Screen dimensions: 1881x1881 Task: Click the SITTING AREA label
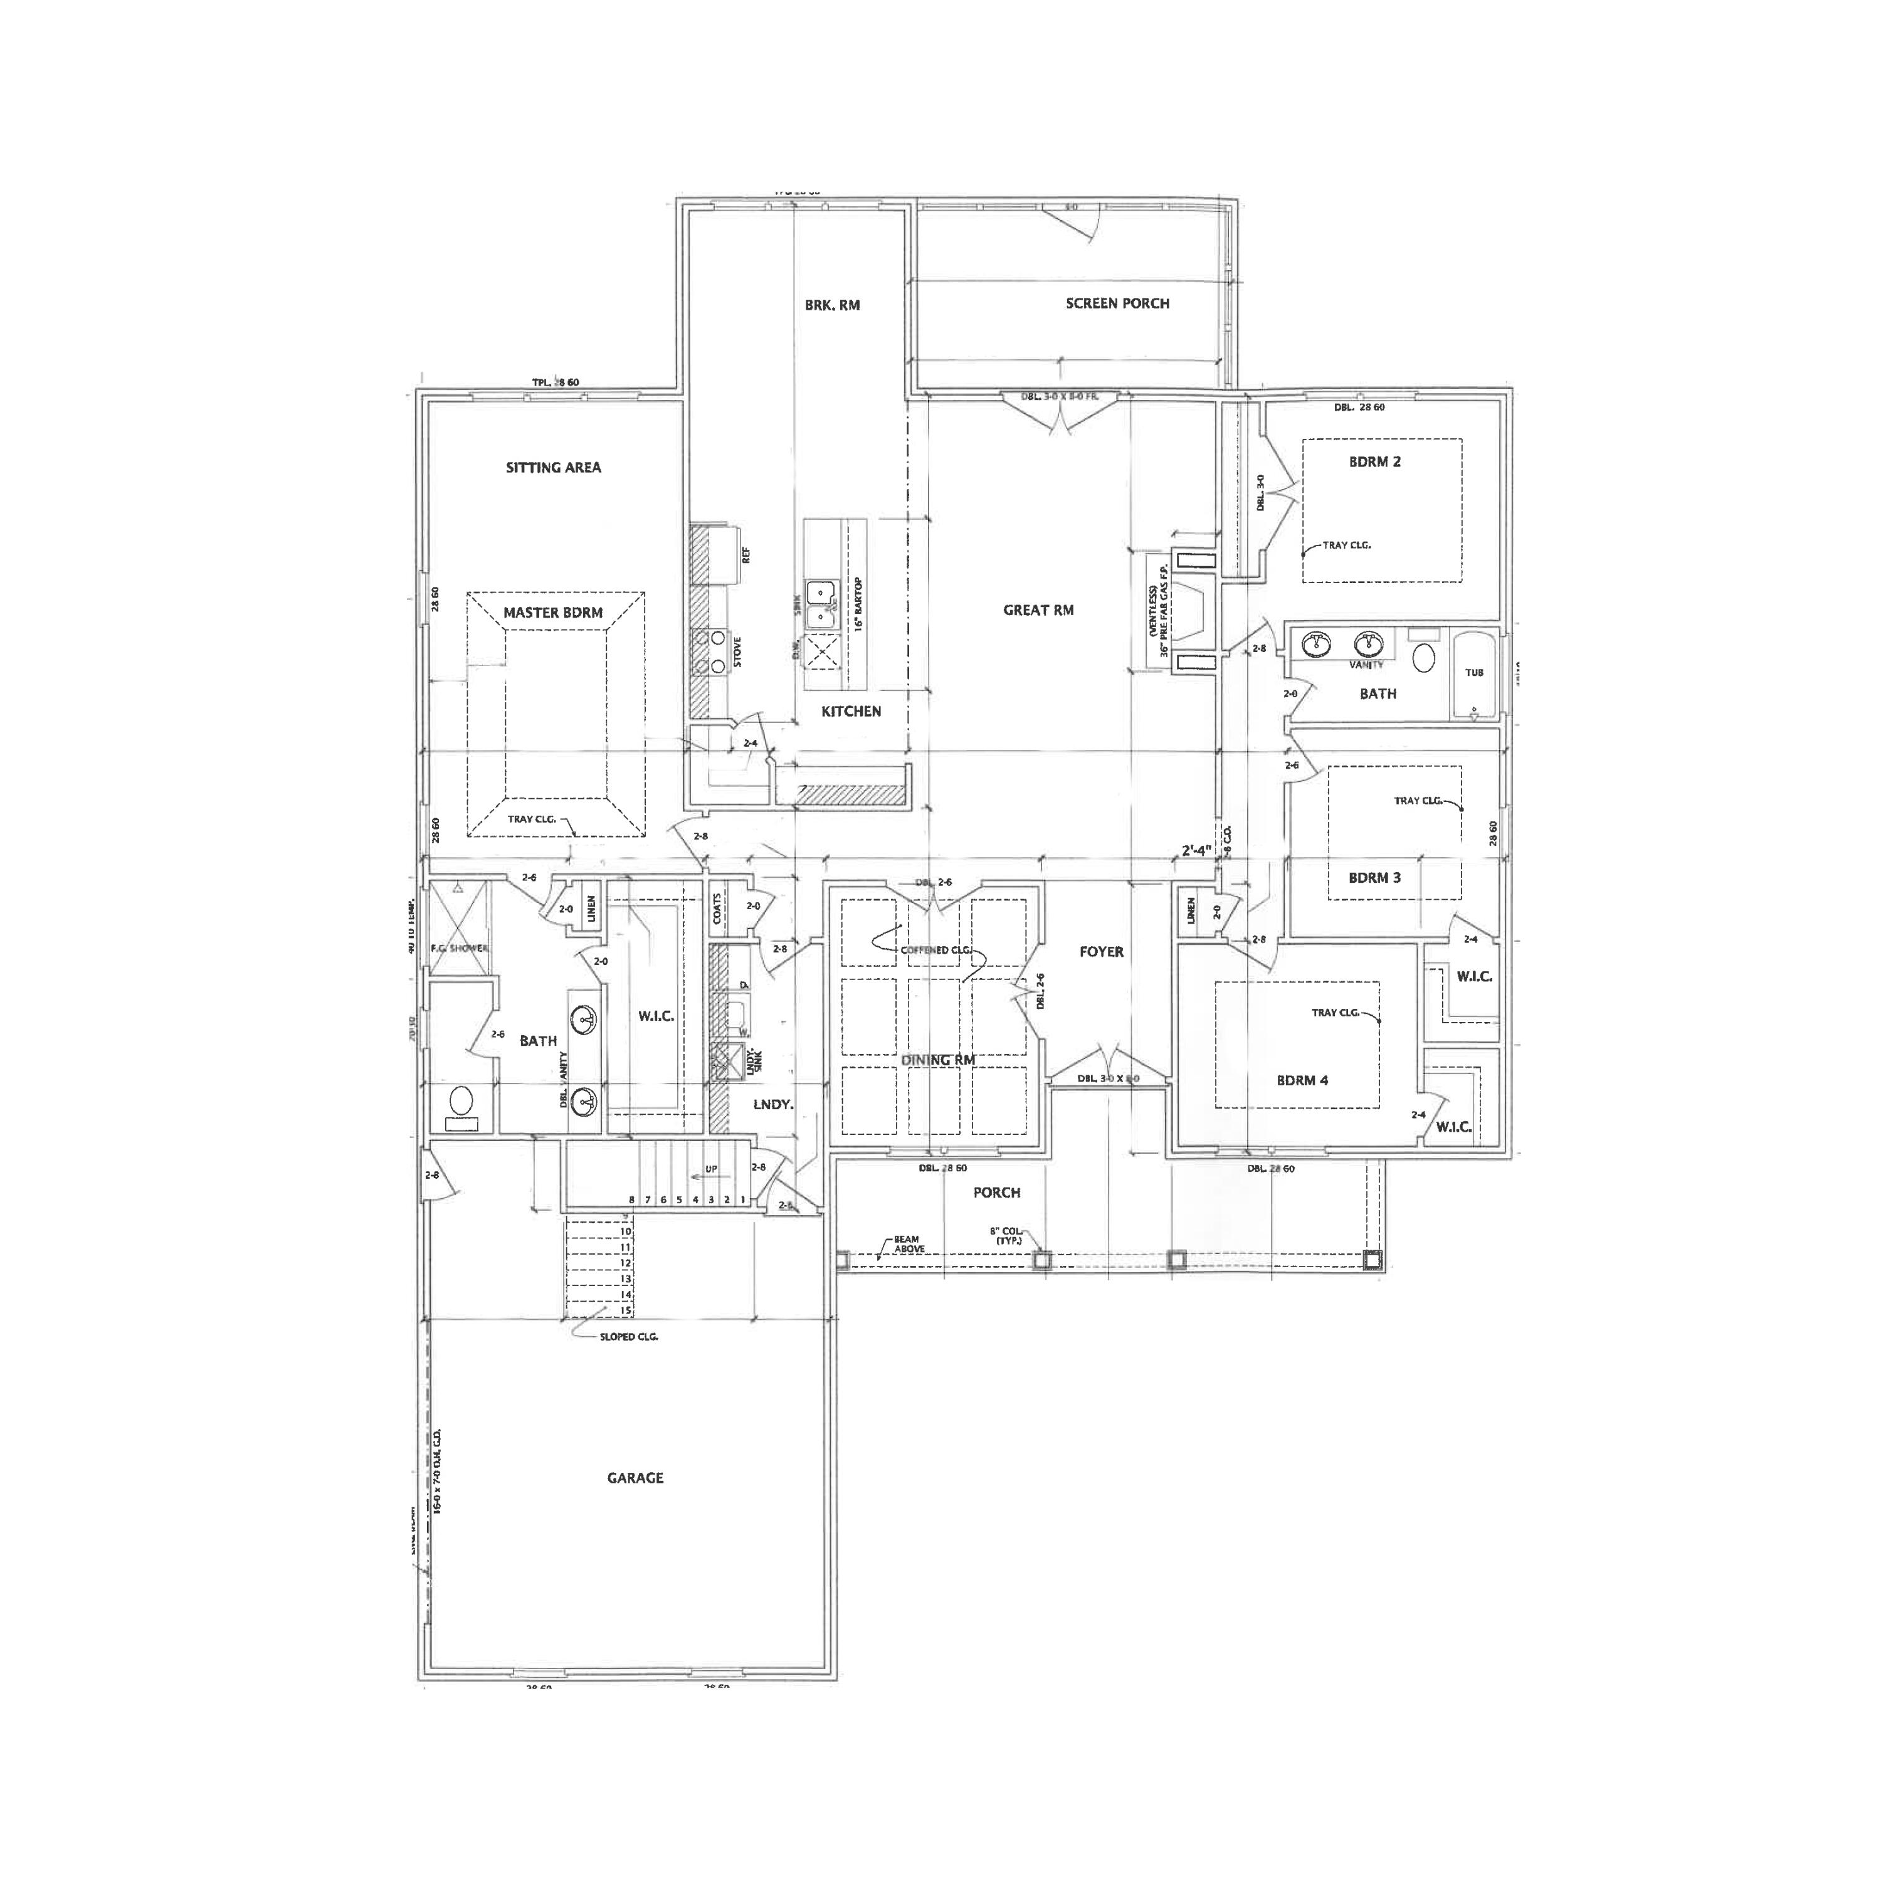point(553,467)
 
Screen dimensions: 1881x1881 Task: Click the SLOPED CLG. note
point(628,1337)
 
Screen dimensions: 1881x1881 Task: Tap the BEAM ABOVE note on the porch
point(909,1244)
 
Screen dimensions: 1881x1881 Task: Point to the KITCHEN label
point(851,712)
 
